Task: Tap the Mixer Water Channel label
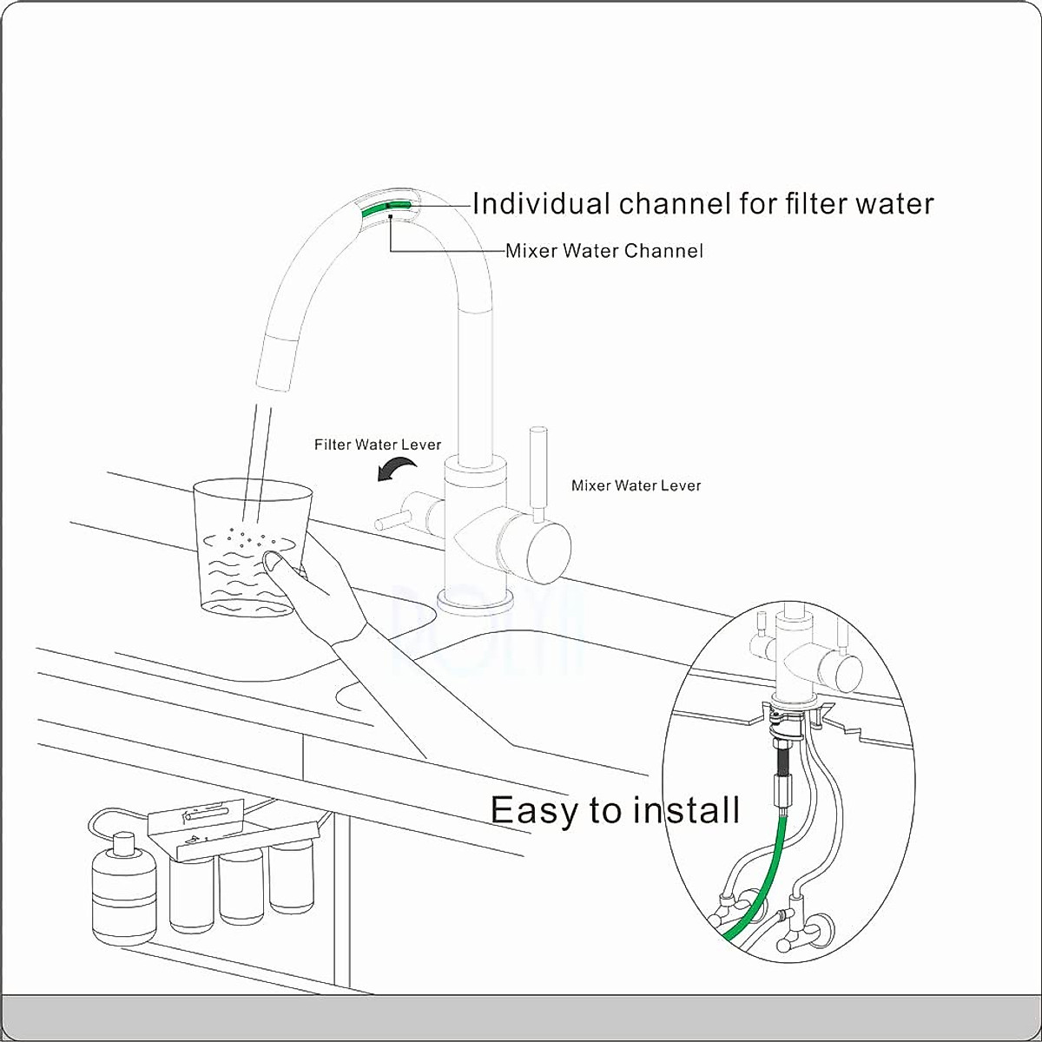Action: click(604, 251)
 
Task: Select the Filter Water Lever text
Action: click(378, 445)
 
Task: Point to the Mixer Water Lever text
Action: click(636, 485)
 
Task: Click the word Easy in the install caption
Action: click(536, 809)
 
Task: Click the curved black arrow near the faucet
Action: click(396, 470)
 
